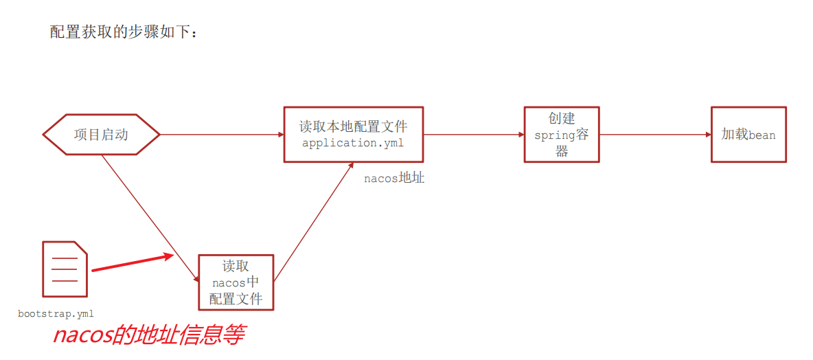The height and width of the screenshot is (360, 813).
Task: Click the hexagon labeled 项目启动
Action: pos(101,135)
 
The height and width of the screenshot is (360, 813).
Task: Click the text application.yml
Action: pos(353,144)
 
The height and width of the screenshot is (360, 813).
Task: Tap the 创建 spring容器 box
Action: pos(561,135)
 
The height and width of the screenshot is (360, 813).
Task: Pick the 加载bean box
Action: pos(748,135)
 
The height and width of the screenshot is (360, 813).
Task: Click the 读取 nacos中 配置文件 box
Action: pos(236,282)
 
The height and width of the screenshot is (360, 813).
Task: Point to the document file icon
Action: pos(65,269)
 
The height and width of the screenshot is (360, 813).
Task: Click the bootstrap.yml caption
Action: pos(56,313)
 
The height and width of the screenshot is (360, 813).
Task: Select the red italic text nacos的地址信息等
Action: pos(149,336)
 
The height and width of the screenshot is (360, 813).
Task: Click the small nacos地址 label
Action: pos(393,179)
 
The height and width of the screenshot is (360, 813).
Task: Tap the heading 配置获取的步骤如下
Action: pos(124,32)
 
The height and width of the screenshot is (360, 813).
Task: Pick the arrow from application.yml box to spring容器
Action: pos(473,135)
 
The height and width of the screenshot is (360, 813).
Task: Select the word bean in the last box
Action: pos(762,135)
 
